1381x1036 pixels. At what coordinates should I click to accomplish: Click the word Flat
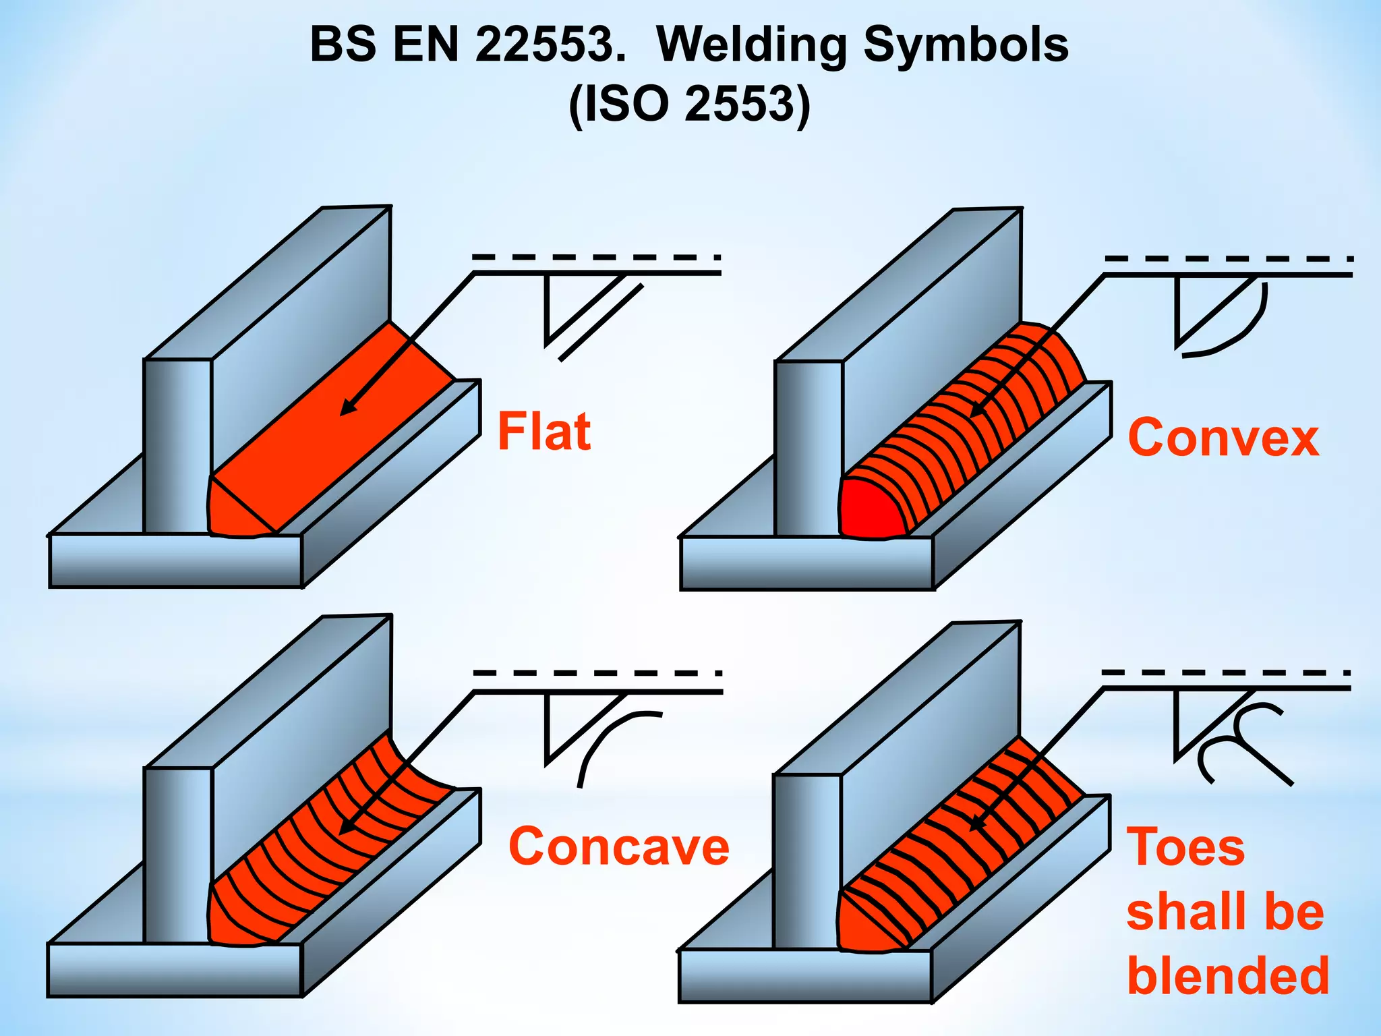pos(544,432)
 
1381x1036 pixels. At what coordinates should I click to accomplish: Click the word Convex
pos(1223,438)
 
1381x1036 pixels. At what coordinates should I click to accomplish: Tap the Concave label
pos(618,846)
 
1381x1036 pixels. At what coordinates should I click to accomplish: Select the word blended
pos(1228,975)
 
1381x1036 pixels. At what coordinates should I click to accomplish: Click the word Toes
pos(1185,847)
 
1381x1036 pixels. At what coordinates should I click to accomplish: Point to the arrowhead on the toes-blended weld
pos(976,823)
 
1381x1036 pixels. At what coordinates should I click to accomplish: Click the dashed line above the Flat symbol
pos(596,257)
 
